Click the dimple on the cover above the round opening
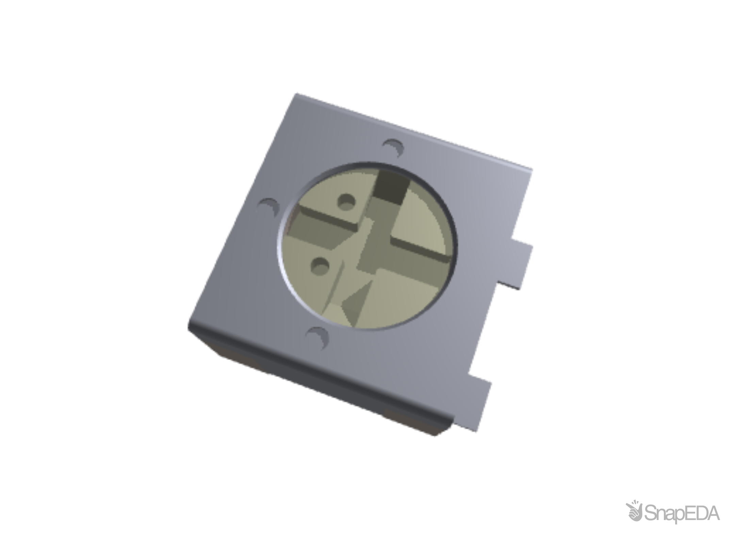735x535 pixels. coord(393,147)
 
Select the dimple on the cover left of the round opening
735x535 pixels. coord(269,206)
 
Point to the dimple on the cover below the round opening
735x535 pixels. coord(318,336)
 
